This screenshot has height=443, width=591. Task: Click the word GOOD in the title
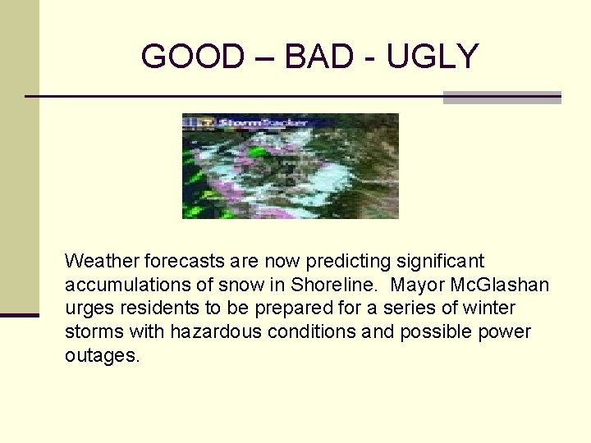pos(193,57)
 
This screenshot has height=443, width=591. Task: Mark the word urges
pos(87,309)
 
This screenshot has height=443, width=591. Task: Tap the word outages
pos(103,356)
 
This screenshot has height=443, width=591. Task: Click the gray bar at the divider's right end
pos(502,97)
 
